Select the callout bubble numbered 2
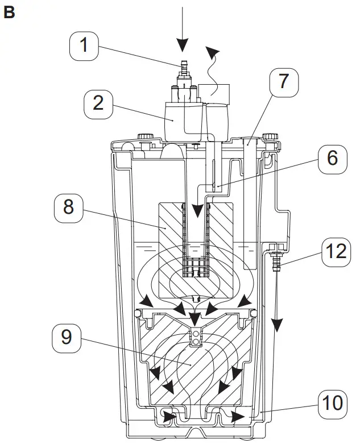click(x=98, y=103)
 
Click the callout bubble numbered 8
click(x=68, y=207)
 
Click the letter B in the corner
click(x=9, y=13)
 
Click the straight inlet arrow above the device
click(x=182, y=28)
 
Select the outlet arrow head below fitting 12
click(x=276, y=326)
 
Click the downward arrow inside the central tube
click(x=196, y=213)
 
